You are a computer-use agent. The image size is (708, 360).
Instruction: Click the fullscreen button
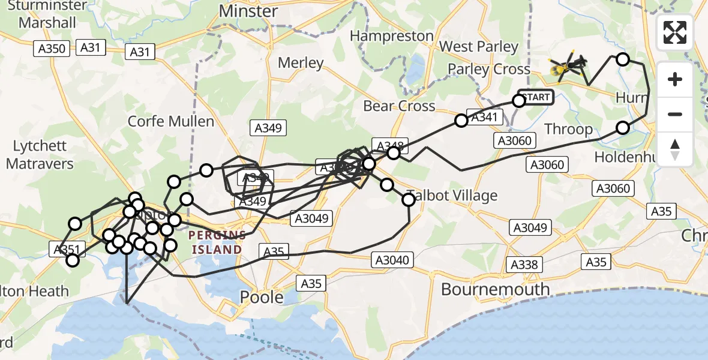pyautogui.click(x=675, y=32)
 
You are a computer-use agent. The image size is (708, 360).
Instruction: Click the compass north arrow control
pyautogui.click(x=675, y=149)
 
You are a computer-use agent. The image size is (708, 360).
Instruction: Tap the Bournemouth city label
pyautogui.click(x=495, y=289)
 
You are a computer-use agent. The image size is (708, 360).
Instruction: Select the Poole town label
pyautogui.click(x=262, y=296)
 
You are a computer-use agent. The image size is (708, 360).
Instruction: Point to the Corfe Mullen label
pyautogui.click(x=171, y=121)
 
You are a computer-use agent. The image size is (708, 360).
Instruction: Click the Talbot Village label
pyautogui.click(x=452, y=196)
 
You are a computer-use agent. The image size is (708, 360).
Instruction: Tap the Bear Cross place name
pyautogui.click(x=399, y=106)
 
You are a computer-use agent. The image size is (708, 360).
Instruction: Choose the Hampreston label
pyautogui.click(x=391, y=36)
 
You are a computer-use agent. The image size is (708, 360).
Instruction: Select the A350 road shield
pyautogui.click(x=52, y=49)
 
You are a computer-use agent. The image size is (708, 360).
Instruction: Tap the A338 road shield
pyautogui.click(x=525, y=264)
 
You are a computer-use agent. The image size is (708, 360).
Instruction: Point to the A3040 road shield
pyautogui.click(x=392, y=260)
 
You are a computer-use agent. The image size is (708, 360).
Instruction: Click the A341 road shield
pyautogui.click(x=484, y=118)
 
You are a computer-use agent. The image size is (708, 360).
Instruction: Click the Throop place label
pyautogui.click(x=568, y=129)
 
